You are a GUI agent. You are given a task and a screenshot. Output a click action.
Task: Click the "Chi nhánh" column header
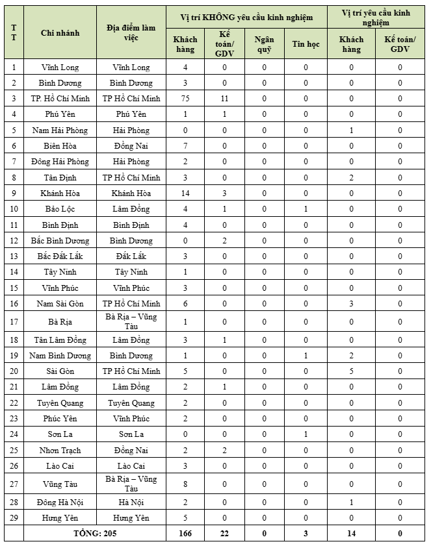[60, 32]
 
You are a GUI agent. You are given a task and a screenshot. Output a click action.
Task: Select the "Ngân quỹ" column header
[265, 44]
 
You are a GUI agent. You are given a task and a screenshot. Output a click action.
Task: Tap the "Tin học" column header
[306, 44]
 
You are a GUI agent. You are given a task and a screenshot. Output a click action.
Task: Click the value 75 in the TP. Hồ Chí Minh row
[185, 99]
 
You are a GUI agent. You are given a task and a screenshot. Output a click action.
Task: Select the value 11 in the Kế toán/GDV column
[224, 99]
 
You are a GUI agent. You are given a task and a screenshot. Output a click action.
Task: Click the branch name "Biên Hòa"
[60, 146]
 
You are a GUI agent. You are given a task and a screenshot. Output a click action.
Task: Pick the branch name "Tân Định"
[60, 177]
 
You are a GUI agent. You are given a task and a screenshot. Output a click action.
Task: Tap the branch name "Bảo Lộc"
[60, 209]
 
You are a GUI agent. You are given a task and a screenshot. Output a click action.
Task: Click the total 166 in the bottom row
[185, 534]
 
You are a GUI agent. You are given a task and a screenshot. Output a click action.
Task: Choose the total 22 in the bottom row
[224, 534]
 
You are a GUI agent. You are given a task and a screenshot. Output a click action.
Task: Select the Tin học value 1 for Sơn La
[306, 434]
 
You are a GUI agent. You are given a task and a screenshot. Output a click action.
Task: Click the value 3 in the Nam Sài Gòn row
[351, 303]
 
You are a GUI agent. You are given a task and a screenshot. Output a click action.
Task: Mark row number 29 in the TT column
[14, 518]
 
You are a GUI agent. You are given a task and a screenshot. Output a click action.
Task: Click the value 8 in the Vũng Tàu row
[185, 484]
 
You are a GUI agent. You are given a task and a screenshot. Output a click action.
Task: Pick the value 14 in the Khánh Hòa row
[185, 193]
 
